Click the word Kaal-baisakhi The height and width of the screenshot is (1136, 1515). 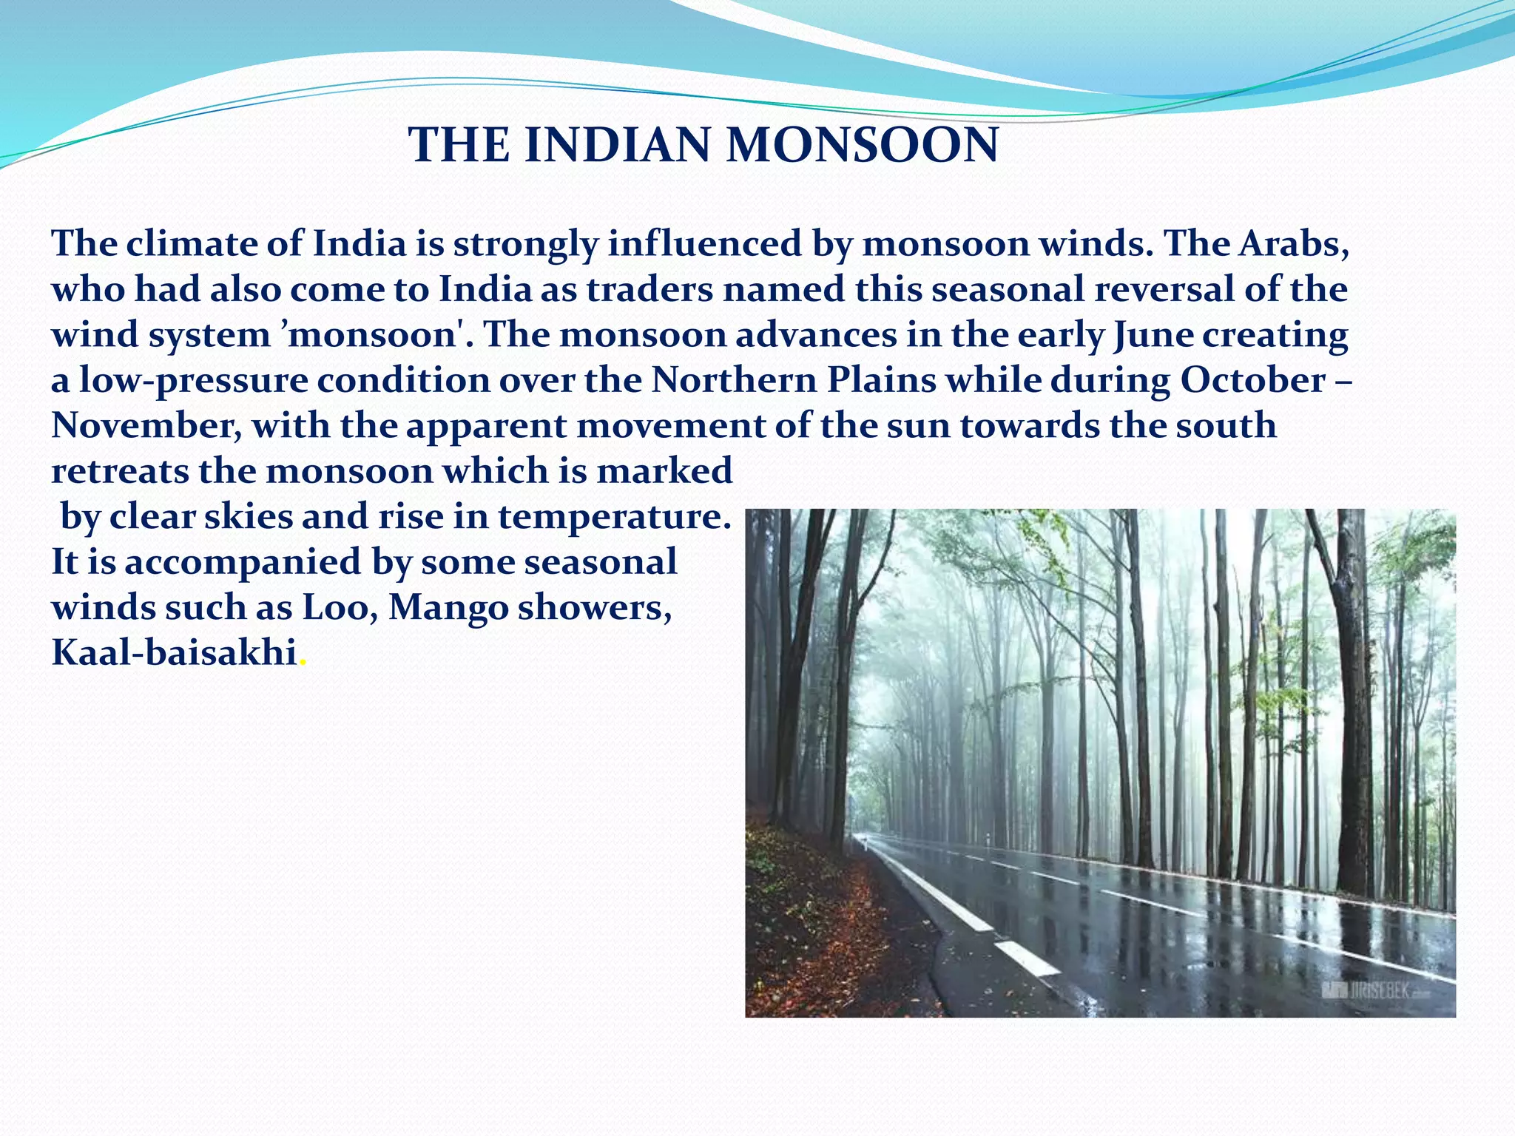pos(174,653)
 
